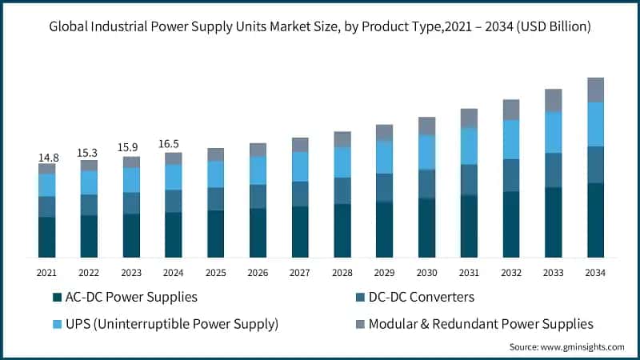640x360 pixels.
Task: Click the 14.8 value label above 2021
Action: [47, 158]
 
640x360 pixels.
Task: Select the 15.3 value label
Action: [89, 153]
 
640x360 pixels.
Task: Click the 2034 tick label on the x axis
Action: [595, 273]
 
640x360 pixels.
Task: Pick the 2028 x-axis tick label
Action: [342, 273]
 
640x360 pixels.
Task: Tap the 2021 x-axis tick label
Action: [47, 273]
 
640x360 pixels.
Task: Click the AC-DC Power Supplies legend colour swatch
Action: [57, 298]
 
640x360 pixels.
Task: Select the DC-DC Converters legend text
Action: [422, 298]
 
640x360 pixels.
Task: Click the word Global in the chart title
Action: [70, 27]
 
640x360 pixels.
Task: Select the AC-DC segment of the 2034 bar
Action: [595, 220]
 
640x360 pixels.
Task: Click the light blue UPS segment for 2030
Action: [426, 152]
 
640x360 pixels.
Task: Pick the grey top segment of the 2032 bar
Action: [511, 110]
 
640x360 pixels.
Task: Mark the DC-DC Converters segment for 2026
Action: [258, 196]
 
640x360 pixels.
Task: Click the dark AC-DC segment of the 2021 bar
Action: [47, 237]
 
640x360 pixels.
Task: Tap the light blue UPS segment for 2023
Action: [131, 180]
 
